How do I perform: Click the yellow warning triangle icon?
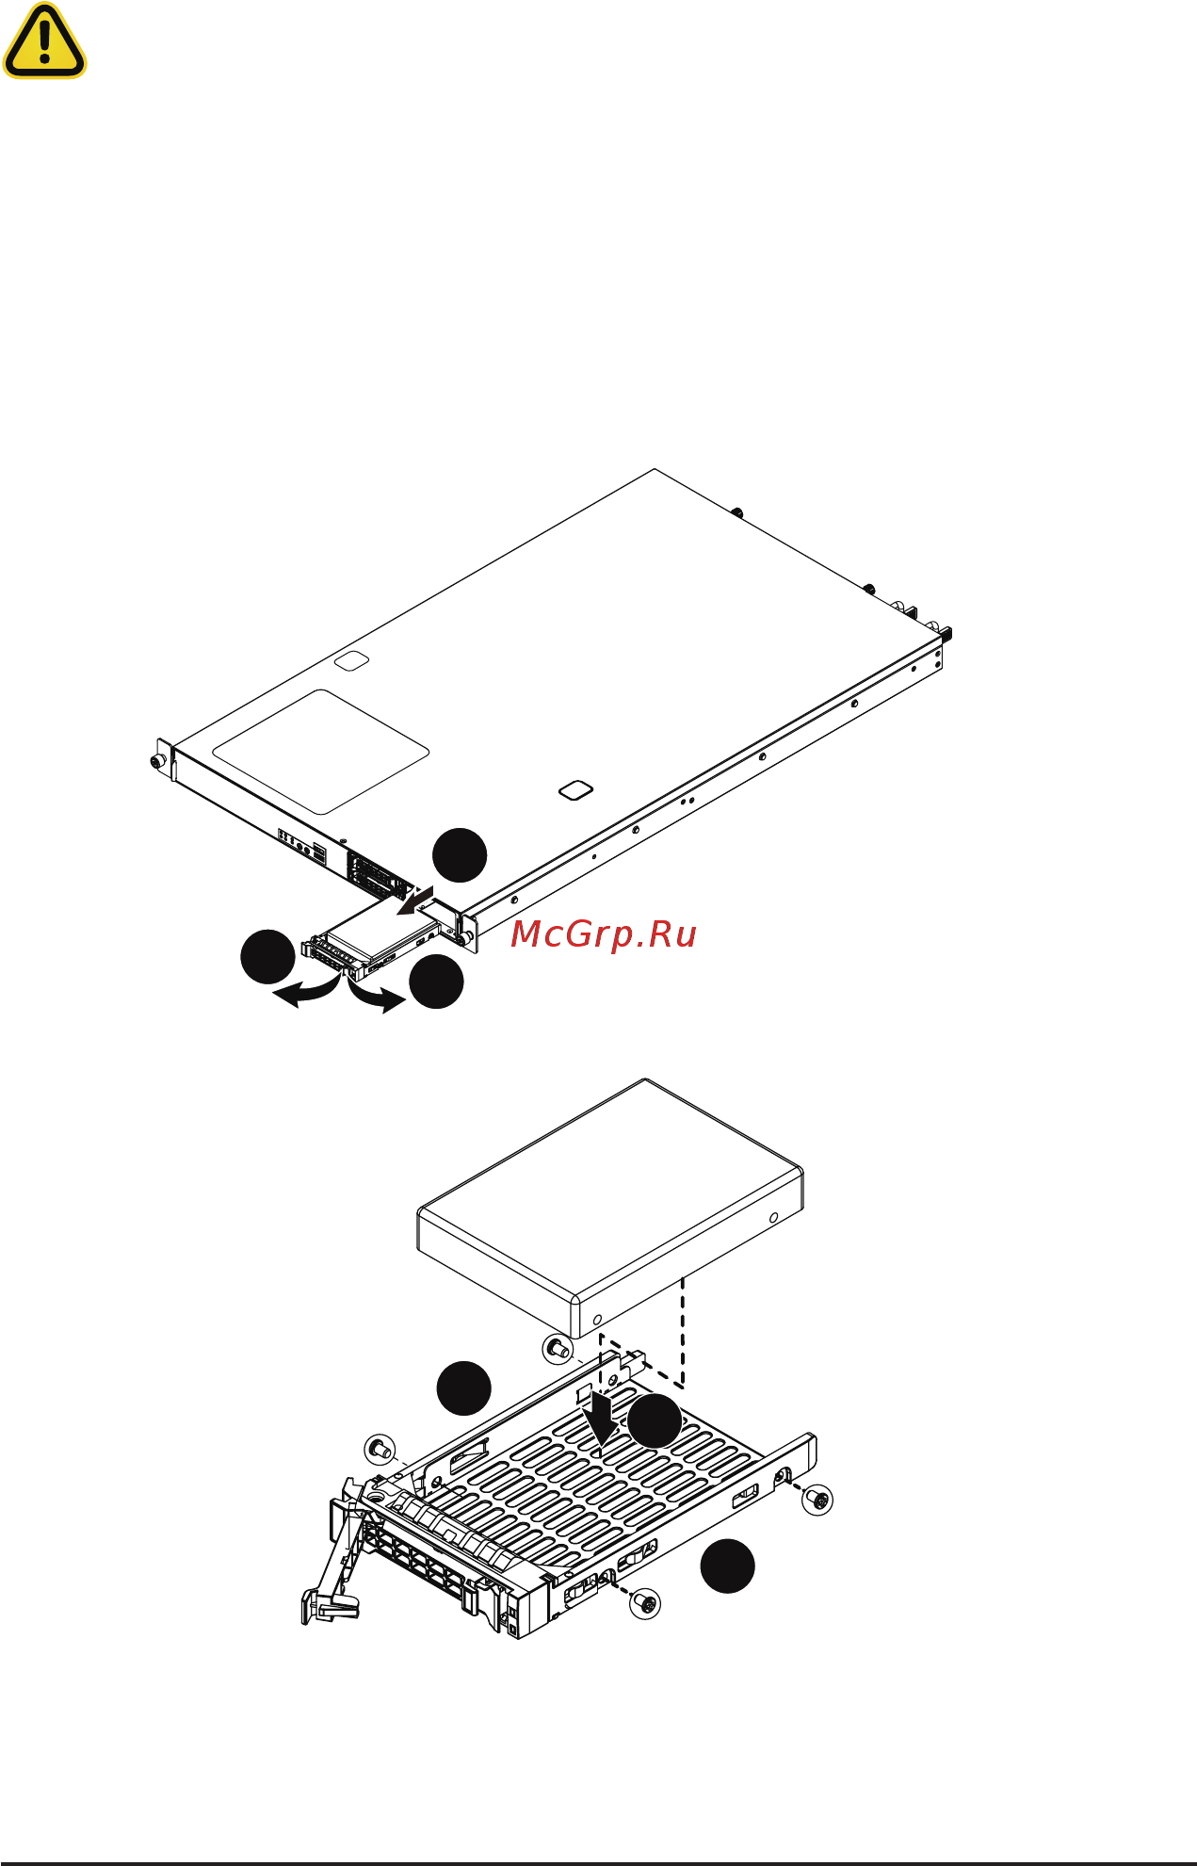tap(44, 41)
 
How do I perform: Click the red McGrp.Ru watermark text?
tap(603, 934)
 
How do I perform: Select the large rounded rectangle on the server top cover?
tap(321, 752)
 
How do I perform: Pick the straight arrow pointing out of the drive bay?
tap(413, 901)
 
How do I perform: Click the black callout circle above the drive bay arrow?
tap(460, 855)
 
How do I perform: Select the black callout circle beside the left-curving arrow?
tap(267, 957)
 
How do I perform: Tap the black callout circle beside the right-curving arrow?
tap(437, 982)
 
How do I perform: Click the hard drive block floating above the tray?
tap(609, 1209)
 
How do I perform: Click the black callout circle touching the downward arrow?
tap(655, 1421)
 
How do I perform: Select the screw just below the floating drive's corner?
tap(558, 1349)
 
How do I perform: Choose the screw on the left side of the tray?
tap(380, 1449)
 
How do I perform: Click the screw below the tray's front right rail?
tap(645, 1602)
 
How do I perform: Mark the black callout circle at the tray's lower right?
tap(727, 1566)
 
